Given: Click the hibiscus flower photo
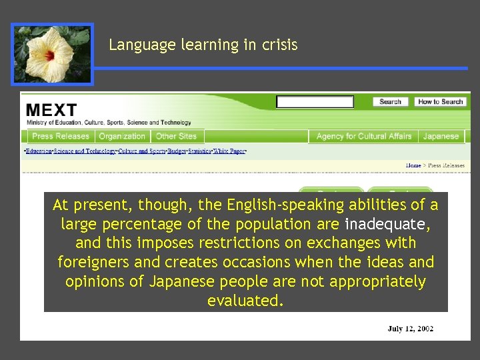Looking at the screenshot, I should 52,54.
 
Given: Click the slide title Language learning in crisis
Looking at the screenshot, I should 203,45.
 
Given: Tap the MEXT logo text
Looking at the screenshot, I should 52,109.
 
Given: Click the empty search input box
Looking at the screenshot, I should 315,102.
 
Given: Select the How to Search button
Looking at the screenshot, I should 441,102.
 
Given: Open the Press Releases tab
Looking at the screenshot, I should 60,136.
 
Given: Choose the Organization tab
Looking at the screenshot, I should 122,136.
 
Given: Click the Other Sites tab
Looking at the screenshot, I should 176,136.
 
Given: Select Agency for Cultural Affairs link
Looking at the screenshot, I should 363,136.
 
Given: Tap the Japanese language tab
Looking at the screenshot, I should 441,136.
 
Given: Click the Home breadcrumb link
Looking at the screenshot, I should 413,165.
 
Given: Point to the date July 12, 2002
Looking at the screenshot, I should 411,329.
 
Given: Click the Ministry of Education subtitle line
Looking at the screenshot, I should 109,123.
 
